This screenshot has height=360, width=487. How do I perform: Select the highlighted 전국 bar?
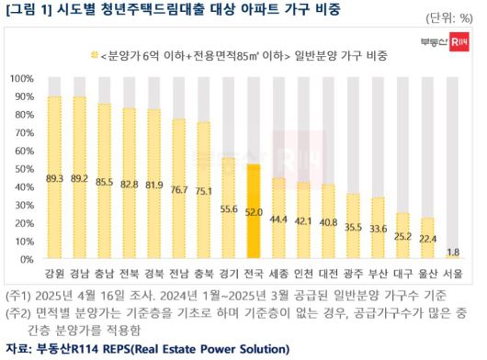tap(254, 211)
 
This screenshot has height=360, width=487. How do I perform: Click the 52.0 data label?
tap(254, 210)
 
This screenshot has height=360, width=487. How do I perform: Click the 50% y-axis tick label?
tap(22, 169)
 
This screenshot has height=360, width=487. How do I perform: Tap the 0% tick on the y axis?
tap(25, 260)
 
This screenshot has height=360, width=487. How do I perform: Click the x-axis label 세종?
tap(278, 274)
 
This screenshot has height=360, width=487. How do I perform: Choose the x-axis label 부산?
tap(378, 274)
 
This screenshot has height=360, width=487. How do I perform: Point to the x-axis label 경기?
tap(229, 274)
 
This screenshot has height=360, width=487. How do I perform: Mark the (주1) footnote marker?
tap(18, 296)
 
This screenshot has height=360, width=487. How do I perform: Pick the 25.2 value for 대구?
tap(402, 235)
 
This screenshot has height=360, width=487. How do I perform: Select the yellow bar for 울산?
tap(428, 239)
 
